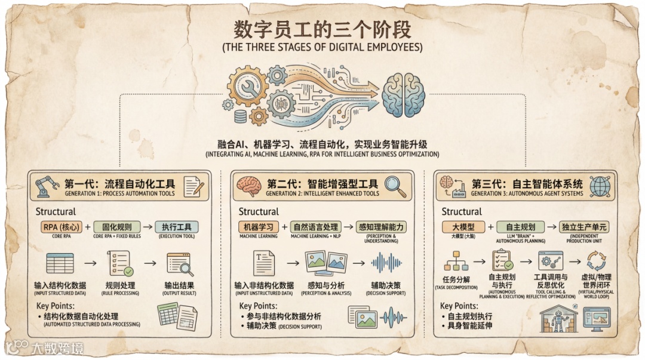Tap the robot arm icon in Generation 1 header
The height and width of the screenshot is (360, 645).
click(x=47, y=186)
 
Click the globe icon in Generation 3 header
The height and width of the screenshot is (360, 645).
click(x=599, y=186)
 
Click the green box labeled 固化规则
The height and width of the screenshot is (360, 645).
click(x=116, y=227)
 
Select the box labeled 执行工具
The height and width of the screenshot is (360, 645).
click(x=176, y=227)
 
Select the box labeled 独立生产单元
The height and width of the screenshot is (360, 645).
click(x=584, y=227)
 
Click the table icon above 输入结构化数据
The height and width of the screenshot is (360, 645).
click(x=60, y=263)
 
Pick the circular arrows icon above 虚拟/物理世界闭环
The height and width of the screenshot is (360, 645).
click(x=595, y=261)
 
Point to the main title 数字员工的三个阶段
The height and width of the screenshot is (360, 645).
click(x=322, y=30)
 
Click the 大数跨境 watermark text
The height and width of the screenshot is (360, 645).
click(x=57, y=347)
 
